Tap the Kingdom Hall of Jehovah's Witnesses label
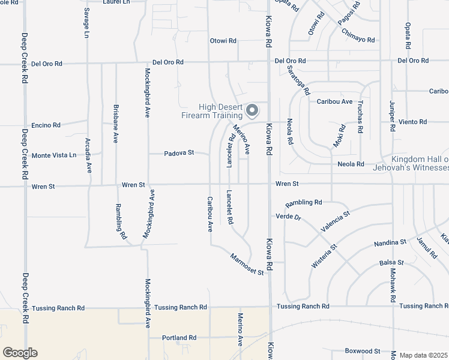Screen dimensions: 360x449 (x=420, y=163)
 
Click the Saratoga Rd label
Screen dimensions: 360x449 (x=298, y=81)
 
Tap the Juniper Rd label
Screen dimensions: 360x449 (x=393, y=114)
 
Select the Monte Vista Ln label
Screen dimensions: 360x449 (x=54, y=155)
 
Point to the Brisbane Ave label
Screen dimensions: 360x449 (x=116, y=124)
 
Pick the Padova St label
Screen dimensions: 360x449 (x=179, y=153)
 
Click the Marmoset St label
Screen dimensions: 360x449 (x=247, y=264)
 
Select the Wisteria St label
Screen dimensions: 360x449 (x=325, y=256)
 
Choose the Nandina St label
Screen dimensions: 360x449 (x=390, y=243)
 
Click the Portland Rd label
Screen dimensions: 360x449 (x=179, y=338)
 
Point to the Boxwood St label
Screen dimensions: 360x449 (x=363, y=351)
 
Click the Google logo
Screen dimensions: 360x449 (x=20, y=353)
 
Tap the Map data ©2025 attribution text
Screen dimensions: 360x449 (x=423, y=355)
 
